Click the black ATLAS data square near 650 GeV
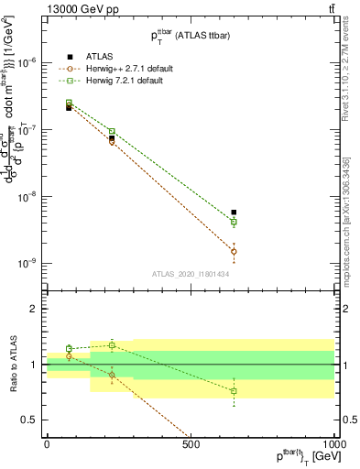tap(234, 213)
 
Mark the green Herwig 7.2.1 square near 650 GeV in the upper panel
tap(234, 222)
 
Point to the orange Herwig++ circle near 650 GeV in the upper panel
tap(234, 251)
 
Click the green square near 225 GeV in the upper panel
tap(112, 131)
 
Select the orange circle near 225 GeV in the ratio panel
tap(112, 375)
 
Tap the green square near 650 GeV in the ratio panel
tap(234, 391)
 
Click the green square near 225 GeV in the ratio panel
tap(112, 345)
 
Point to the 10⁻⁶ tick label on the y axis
tap(27, 62)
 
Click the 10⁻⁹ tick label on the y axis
tap(27, 264)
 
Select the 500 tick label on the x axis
tap(191, 444)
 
